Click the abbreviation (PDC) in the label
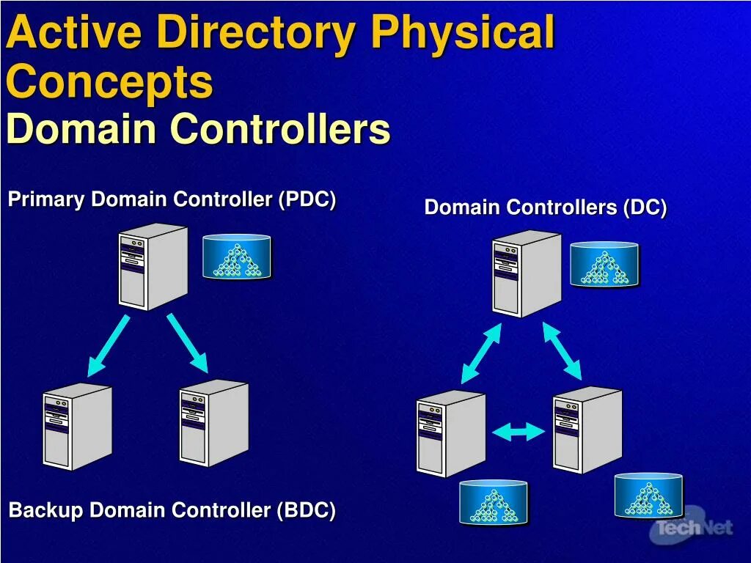coord(307,199)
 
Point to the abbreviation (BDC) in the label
coord(306,510)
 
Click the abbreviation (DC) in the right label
coord(645,207)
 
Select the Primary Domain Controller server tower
coord(153,266)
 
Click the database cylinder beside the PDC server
coord(237,257)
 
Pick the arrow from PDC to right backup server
coord(187,343)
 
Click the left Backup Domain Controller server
coord(77,426)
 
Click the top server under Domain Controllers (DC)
coord(527,273)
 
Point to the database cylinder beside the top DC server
coord(604,264)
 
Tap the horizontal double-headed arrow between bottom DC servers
coord(519,432)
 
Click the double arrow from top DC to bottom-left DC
coord(481,353)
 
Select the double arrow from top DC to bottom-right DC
coord(562,351)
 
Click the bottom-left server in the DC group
coord(450,433)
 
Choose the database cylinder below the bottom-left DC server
coord(494,502)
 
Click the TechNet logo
coord(693,526)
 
